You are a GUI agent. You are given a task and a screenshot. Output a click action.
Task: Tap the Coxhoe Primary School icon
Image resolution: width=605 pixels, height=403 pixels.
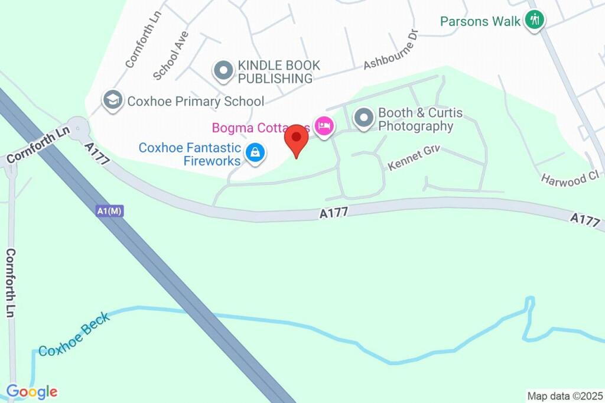click(112, 100)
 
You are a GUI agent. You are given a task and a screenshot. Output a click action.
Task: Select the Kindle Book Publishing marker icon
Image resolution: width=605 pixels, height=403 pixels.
click(223, 70)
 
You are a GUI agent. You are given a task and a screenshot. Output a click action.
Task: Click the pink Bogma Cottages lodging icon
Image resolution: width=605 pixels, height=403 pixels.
click(324, 125)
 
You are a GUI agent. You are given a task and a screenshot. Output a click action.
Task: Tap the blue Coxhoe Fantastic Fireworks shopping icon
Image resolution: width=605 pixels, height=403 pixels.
click(255, 152)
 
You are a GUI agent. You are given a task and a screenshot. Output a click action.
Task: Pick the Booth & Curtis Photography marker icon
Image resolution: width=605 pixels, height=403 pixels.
click(364, 118)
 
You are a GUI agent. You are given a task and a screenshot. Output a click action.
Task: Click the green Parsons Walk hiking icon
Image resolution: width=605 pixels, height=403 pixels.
click(535, 20)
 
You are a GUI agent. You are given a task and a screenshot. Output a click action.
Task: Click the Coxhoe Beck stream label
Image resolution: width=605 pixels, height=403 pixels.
click(74, 334)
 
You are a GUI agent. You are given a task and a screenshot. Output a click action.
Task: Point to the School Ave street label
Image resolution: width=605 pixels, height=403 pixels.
click(170, 56)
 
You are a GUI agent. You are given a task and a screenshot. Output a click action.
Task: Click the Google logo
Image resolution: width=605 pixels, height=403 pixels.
click(32, 391)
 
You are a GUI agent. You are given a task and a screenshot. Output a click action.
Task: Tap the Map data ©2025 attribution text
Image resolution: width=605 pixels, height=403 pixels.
click(565, 396)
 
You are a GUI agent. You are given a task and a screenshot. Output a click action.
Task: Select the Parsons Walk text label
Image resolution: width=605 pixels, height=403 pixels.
click(480, 21)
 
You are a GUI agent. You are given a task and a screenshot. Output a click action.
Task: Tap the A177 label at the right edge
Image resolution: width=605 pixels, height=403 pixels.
click(586, 220)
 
